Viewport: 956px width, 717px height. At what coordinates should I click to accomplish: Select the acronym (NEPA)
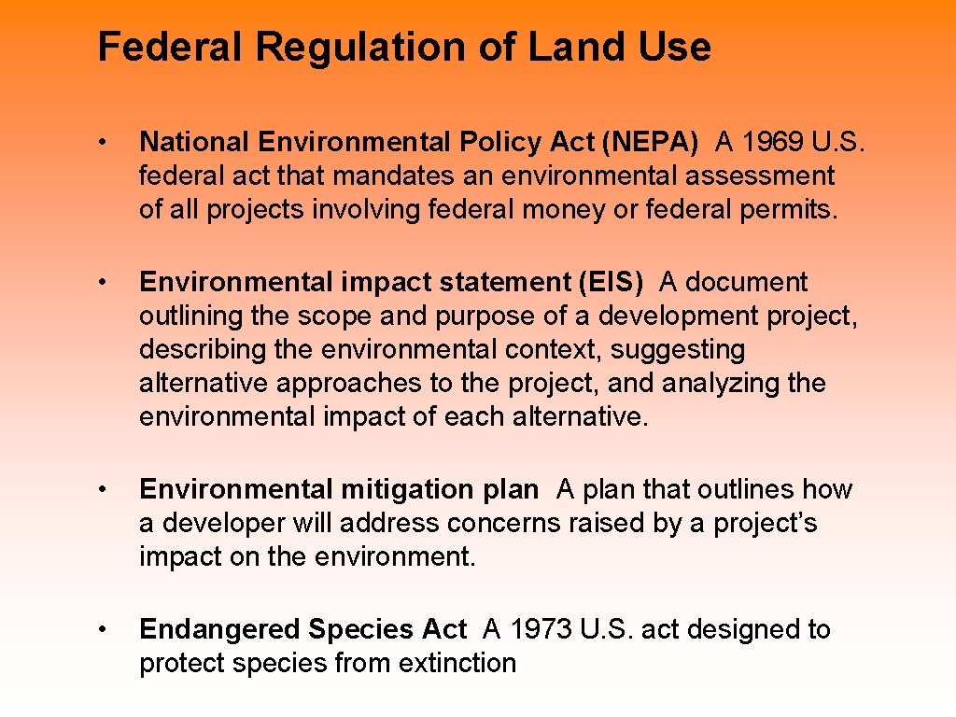(651, 142)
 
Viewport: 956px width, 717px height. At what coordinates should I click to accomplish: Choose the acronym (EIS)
(610, 282)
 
